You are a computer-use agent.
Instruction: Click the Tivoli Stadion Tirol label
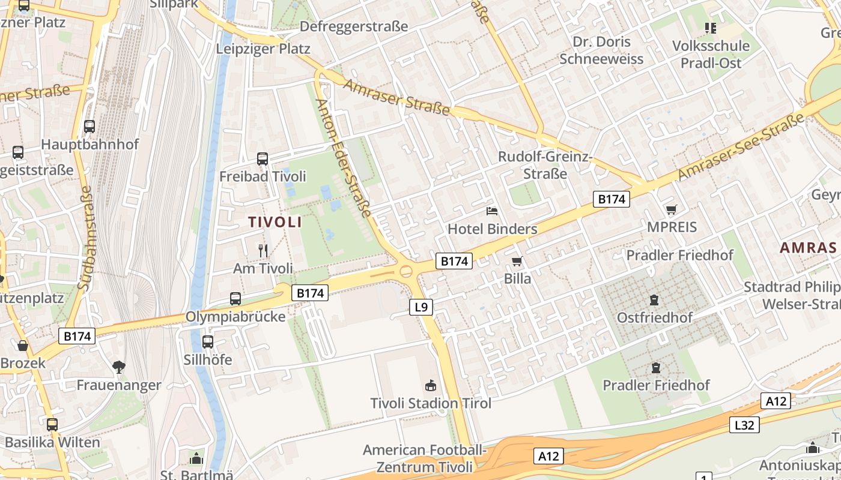[x=431, y=403]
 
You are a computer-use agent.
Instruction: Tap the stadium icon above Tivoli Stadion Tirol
[x=430, y=385]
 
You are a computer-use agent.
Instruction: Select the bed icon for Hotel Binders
[x=492, y=211]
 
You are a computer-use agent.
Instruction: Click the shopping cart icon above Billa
[x=517, y=262]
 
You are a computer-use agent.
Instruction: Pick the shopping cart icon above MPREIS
[x=671, y=209]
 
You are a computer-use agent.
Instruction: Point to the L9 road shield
[x=421, y=307]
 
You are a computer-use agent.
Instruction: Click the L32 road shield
[x=745, y=425]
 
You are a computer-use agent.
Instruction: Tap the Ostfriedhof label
[x=655, y=317]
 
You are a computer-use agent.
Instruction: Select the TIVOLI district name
[x=275, y=222]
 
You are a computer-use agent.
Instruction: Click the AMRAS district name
[x=808, y=247]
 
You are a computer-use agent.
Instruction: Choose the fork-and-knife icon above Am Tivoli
[x=263, y=250]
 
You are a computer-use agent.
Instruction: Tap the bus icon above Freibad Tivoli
[x=263, y=159]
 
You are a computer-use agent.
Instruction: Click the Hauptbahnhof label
[x=90, y=145]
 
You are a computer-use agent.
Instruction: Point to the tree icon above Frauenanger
[x=119, y=367]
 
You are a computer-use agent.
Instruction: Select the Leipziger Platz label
[x=263, y=49]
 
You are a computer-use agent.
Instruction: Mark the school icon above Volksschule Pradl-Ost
[x=711, y=28]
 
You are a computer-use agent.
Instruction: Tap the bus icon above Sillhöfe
[x=208, y=342]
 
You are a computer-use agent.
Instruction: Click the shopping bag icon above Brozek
[x=23, y=346]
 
